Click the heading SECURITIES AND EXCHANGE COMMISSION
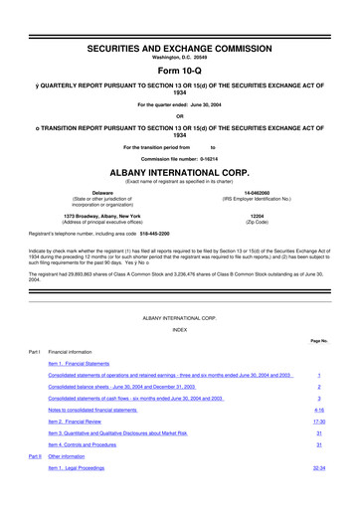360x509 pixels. pyautogui.click(x=179, y=20)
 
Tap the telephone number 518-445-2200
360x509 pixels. pyautogui.click(x=194, y=235)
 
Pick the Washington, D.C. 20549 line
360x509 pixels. pyautogui.click(x=179, y=33)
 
